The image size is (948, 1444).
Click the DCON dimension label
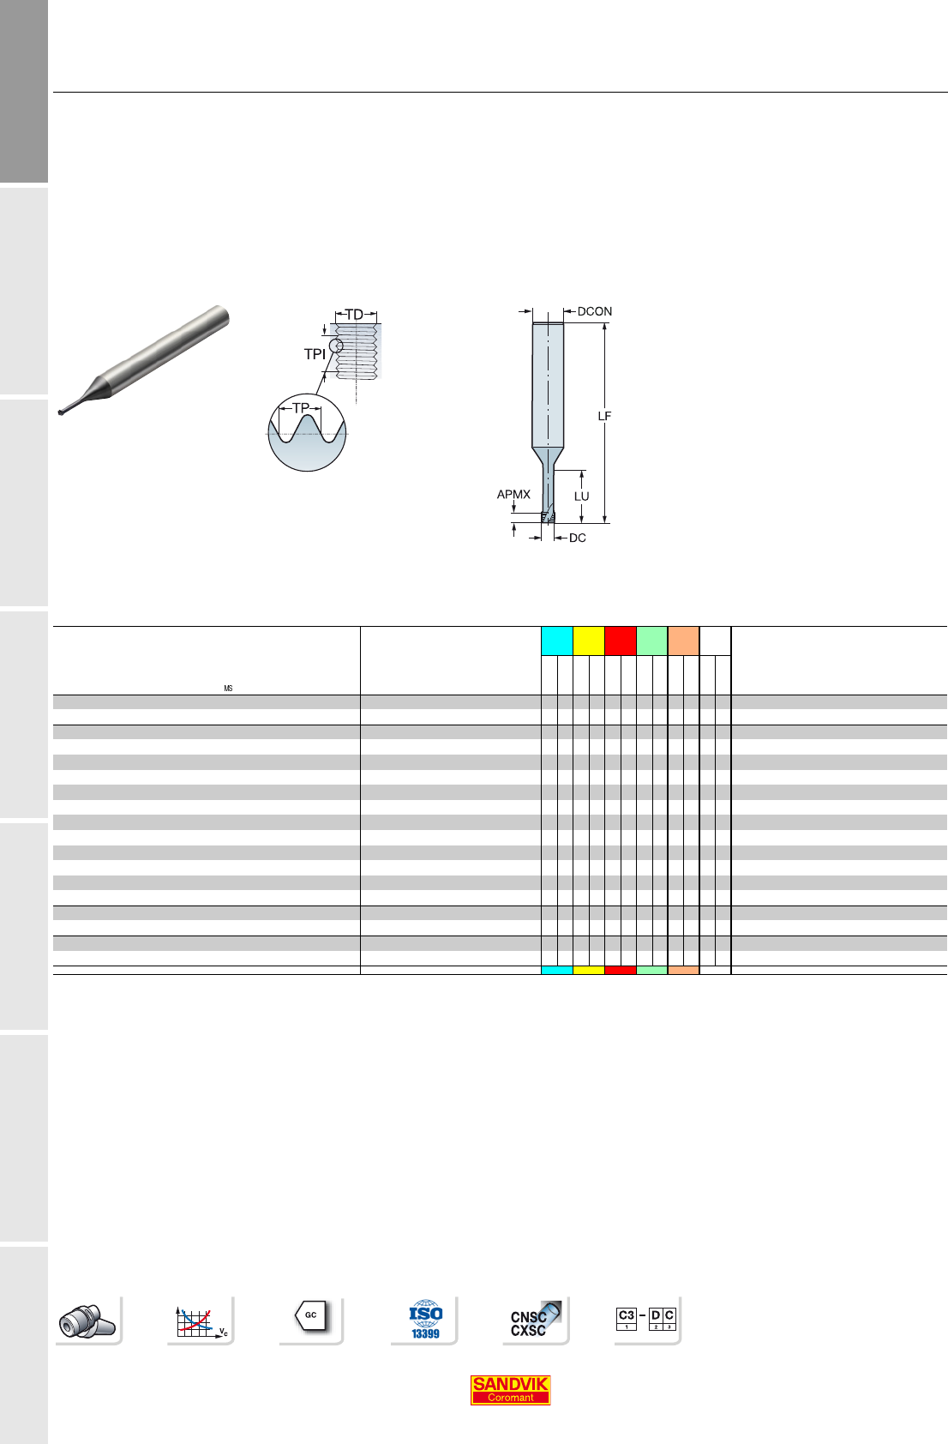[x=594, y=311]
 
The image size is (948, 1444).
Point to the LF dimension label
[x=604, y=417]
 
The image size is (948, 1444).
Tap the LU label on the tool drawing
[x=581, y=496]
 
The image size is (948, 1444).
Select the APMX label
[x=513, y=495]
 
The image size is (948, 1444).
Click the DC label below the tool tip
[x=578, y=538]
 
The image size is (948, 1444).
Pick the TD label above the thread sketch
[x=355, y=315]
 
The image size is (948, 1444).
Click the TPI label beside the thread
[x=315, y=354]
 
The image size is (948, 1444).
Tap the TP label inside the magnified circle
[x=301, y=408]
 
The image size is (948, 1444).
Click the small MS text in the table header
[x=228, y=689]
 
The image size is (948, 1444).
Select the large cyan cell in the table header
[x=557, y=641]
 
